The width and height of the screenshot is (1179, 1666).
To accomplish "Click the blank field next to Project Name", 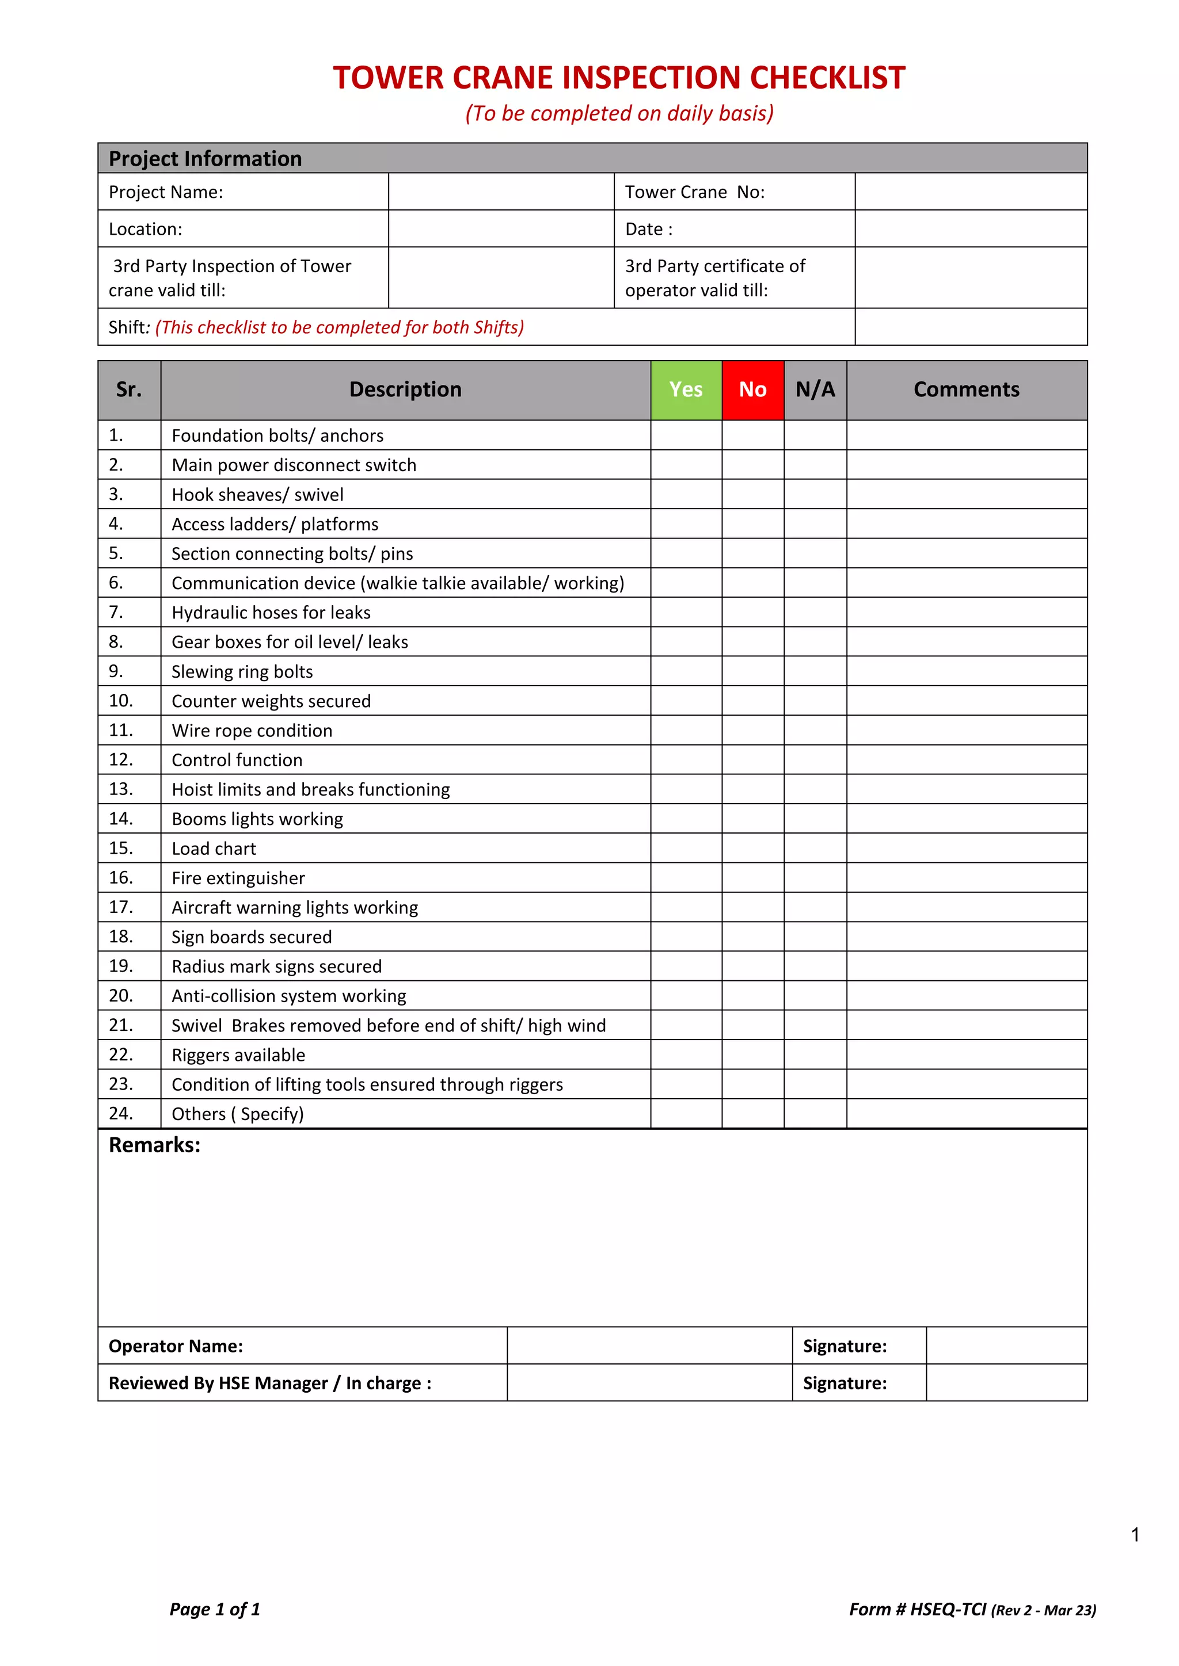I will point(501,192).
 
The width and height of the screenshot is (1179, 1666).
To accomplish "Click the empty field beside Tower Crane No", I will point(971,192).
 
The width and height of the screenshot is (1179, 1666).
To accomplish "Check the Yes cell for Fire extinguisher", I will point(686,878).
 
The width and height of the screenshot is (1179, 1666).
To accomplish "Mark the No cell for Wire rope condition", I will point(753,730).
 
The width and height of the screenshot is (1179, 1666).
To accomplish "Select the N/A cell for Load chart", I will point(815,848).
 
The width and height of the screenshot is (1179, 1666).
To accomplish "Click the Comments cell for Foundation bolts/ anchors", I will point(967,435).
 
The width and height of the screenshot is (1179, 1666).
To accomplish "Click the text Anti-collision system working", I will point(288,996).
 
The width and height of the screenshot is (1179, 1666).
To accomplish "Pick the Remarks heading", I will point(155,1145).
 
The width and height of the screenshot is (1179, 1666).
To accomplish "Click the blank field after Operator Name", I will point(649,1346).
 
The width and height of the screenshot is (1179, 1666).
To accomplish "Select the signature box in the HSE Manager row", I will point(1006,1383).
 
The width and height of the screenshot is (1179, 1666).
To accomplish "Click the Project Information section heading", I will point(206,159).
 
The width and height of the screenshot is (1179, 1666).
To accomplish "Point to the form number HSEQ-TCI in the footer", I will point(948,1610).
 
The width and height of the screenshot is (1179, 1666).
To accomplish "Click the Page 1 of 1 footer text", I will point(215,1610).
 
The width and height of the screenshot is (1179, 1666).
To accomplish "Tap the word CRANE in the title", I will point(503,78).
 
